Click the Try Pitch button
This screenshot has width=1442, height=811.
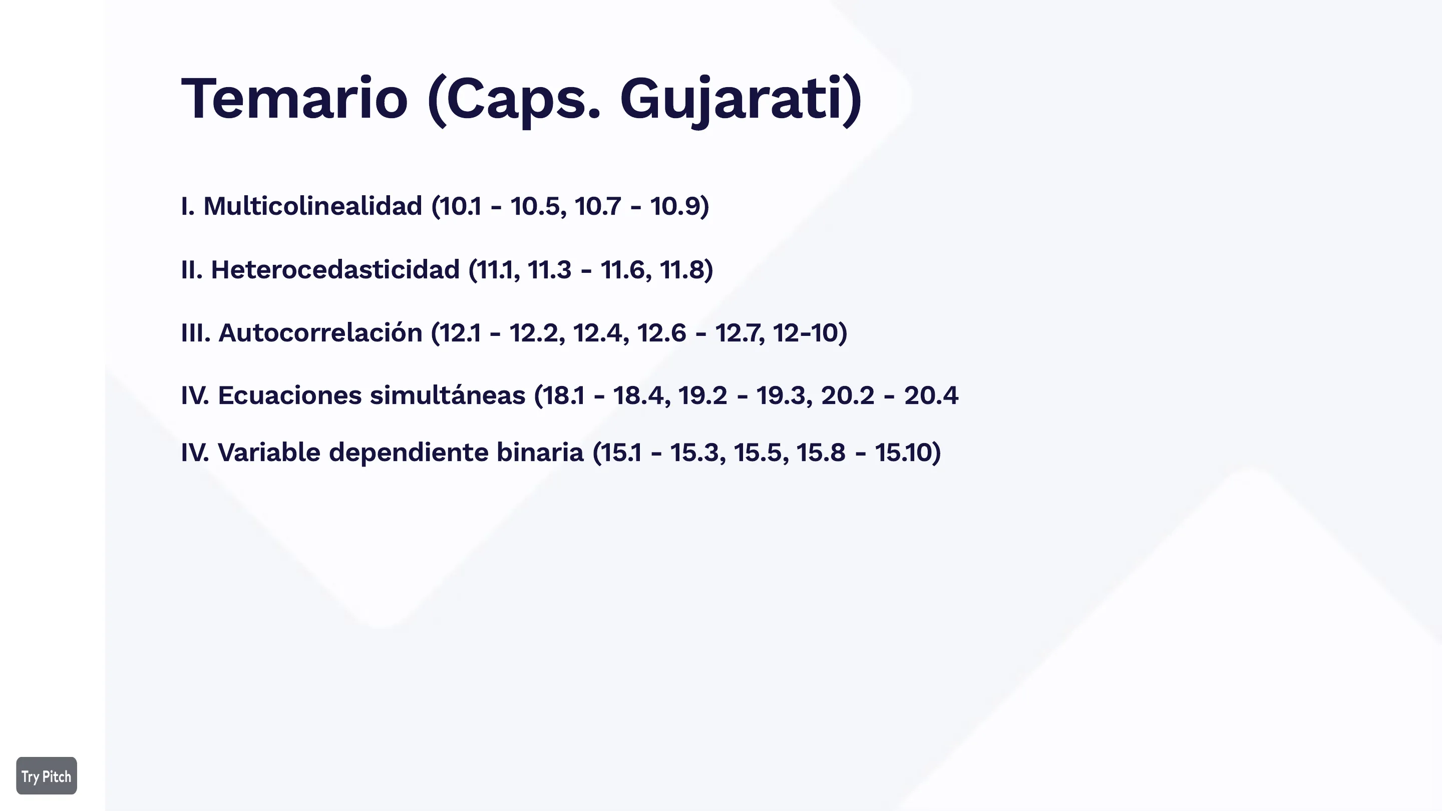pos(47,776)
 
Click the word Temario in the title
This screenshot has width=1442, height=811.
pos(294,99)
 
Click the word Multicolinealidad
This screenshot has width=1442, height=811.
pos(312,206)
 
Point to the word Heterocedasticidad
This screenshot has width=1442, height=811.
pos(335,269)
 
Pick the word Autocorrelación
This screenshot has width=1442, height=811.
pos(320,332)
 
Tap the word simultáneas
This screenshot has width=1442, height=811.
pos(447,395)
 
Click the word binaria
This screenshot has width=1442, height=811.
pos(540,452)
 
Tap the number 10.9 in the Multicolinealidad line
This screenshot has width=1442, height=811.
pos(675,206)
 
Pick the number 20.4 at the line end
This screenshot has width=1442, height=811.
pos(931,395)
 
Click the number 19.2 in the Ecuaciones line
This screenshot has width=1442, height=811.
pos(702,395)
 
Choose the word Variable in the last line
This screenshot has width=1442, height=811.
pos(269,452)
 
